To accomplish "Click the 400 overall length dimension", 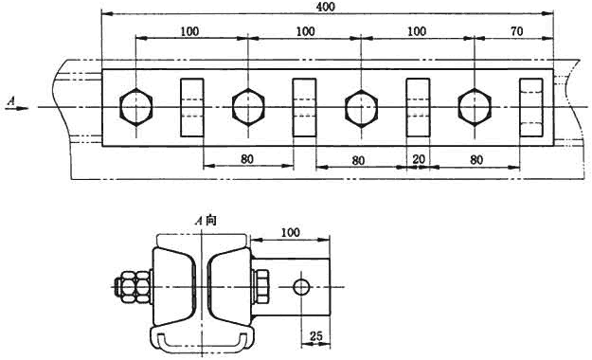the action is coord(326,8).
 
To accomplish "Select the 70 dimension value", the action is coord(517,31).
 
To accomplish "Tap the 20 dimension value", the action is coord(419,159).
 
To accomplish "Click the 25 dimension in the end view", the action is coord(315,335).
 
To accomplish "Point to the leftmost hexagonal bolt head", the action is coord(135,108).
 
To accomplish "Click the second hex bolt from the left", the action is coord(248,108).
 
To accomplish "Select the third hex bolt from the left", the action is coord(361,108).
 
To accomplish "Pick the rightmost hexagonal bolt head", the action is coord(475,108).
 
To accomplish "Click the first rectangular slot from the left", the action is coord(192,108).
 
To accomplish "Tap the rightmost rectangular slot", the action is coord(531,108).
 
